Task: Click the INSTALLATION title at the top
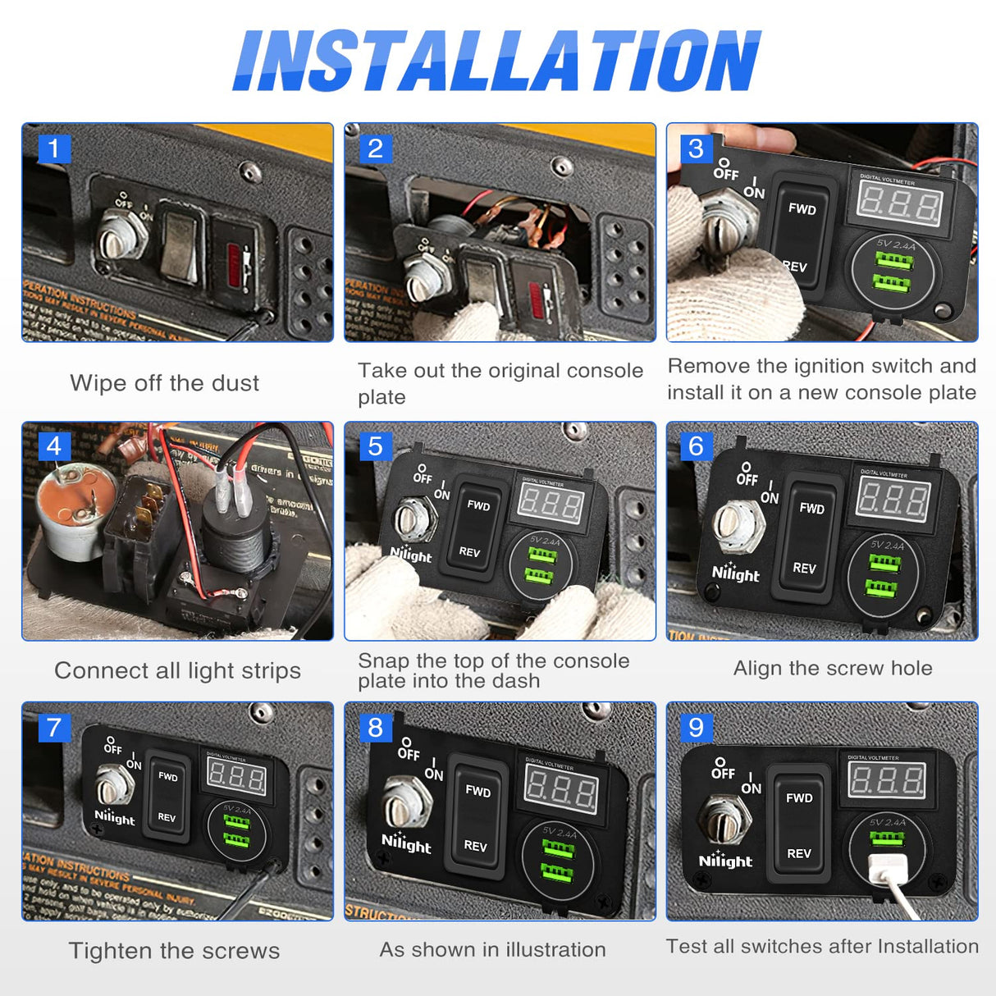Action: [x=497, y=61]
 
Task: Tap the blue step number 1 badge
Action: [x=54, y=148]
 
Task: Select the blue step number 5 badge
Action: [x=376, y=446]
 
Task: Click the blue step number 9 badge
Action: [x=697, y=727]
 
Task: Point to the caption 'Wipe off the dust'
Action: [x=164, y=383]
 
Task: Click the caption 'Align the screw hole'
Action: [x=833, y=669]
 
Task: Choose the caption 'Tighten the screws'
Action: [x=174, y=951]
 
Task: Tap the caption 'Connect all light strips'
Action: [x=177, y=671]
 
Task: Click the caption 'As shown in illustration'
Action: [x=492, y=950]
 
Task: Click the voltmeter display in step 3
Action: [x=900, y=202]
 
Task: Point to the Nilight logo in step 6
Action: [x=735, y=573]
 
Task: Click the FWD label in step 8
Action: [x=477, y=792]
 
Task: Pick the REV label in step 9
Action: [x=799, y=854]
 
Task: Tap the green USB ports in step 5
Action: [x=542, y=566]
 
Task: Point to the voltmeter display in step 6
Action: [x=893, y=499]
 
